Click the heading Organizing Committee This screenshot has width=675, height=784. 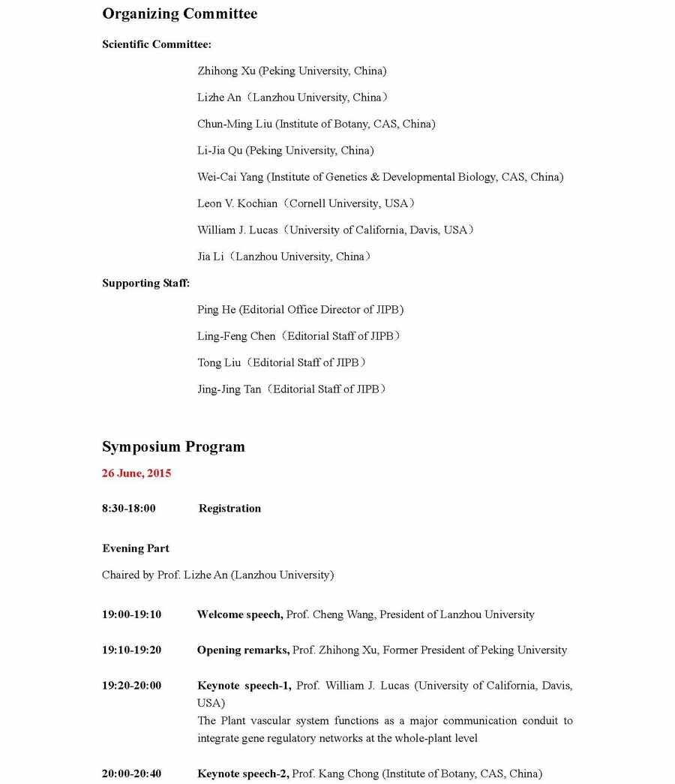(179, 14)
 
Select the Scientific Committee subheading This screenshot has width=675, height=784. (156, 44)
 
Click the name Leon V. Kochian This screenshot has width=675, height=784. (237, 203)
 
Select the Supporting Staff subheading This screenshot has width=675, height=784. (145, 283)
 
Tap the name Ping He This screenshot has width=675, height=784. (216, 309)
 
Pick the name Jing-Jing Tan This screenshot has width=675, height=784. (229, 389)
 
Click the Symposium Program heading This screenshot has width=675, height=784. (173, 447)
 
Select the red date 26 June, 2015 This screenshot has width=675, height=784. (136, 473)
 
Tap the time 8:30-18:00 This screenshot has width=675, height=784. (129, 509)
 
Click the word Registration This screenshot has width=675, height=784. (229, 509)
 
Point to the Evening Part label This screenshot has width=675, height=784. (136, 548)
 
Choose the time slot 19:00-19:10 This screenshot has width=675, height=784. (131, 614)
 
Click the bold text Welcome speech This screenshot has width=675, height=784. (239, 614)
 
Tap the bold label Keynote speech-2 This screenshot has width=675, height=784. (242, 773)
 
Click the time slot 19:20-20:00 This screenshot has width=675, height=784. (131, 685)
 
